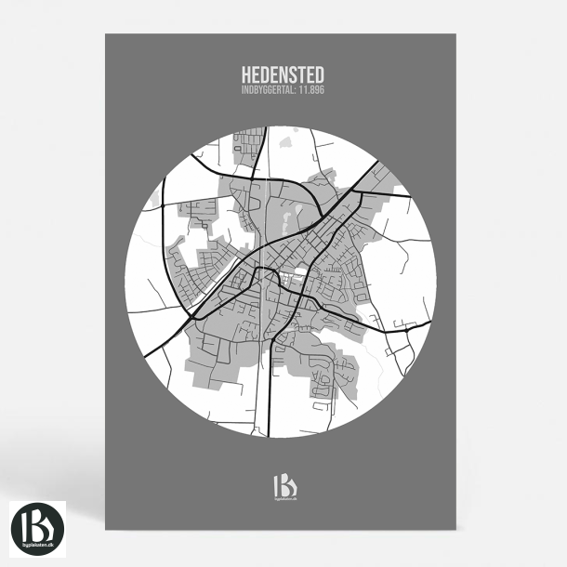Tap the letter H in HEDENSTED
point(247,73)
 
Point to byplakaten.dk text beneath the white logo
point(283,499)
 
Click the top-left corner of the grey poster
point(105,34)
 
